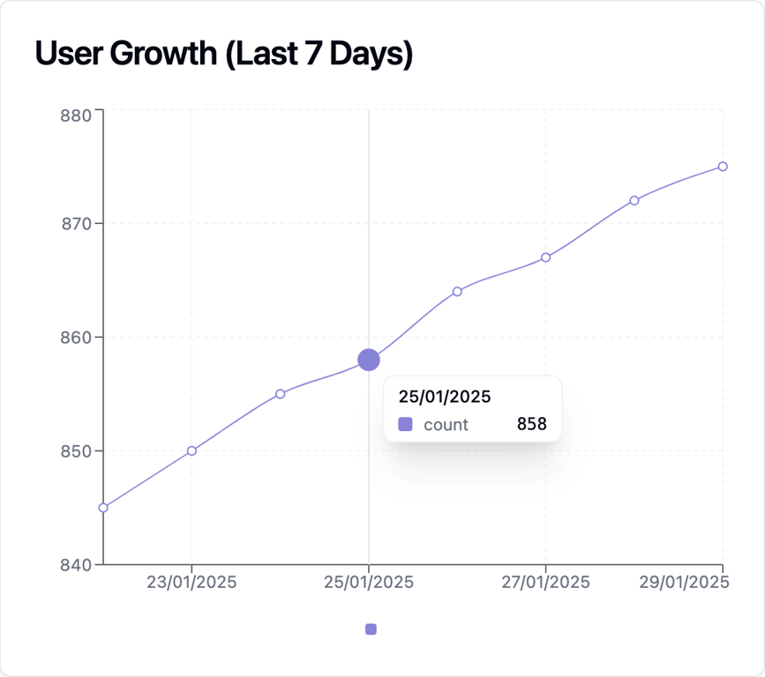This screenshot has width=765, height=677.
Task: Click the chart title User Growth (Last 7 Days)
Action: [x=224, y=54]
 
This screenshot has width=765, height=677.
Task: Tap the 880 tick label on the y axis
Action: [x=78, y=115]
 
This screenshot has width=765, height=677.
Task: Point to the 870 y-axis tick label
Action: [x=78, y=224]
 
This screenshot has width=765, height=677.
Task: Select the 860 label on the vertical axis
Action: [x=78, y=337]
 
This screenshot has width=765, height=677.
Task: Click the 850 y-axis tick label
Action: [x=78, y=450]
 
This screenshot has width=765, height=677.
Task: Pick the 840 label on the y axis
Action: [x=78, y=564]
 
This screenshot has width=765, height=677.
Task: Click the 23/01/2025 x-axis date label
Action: [x=191, y=583]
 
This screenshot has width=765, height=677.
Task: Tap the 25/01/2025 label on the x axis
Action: [x=369, y=583]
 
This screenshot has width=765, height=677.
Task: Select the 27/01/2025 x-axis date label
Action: [x=545, y=583]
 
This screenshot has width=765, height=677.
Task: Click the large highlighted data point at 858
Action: [x=369, y=360]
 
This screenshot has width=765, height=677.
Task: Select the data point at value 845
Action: [x=103, y=508]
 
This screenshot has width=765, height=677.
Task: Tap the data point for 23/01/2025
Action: [x=191, y=450]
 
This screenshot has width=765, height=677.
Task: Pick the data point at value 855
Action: [x=280, y=394]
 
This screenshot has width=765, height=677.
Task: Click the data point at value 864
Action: [x=457, y=291]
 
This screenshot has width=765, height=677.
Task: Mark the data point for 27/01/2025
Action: [x=545, y=257]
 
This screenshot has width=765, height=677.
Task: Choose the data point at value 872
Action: [x=634, y=200]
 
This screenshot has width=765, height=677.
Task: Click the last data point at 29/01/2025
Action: [x=723, y=167]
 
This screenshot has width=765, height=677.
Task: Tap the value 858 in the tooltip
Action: [x=531, y=424]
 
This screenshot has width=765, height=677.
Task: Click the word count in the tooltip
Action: [x=446, y=424]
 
